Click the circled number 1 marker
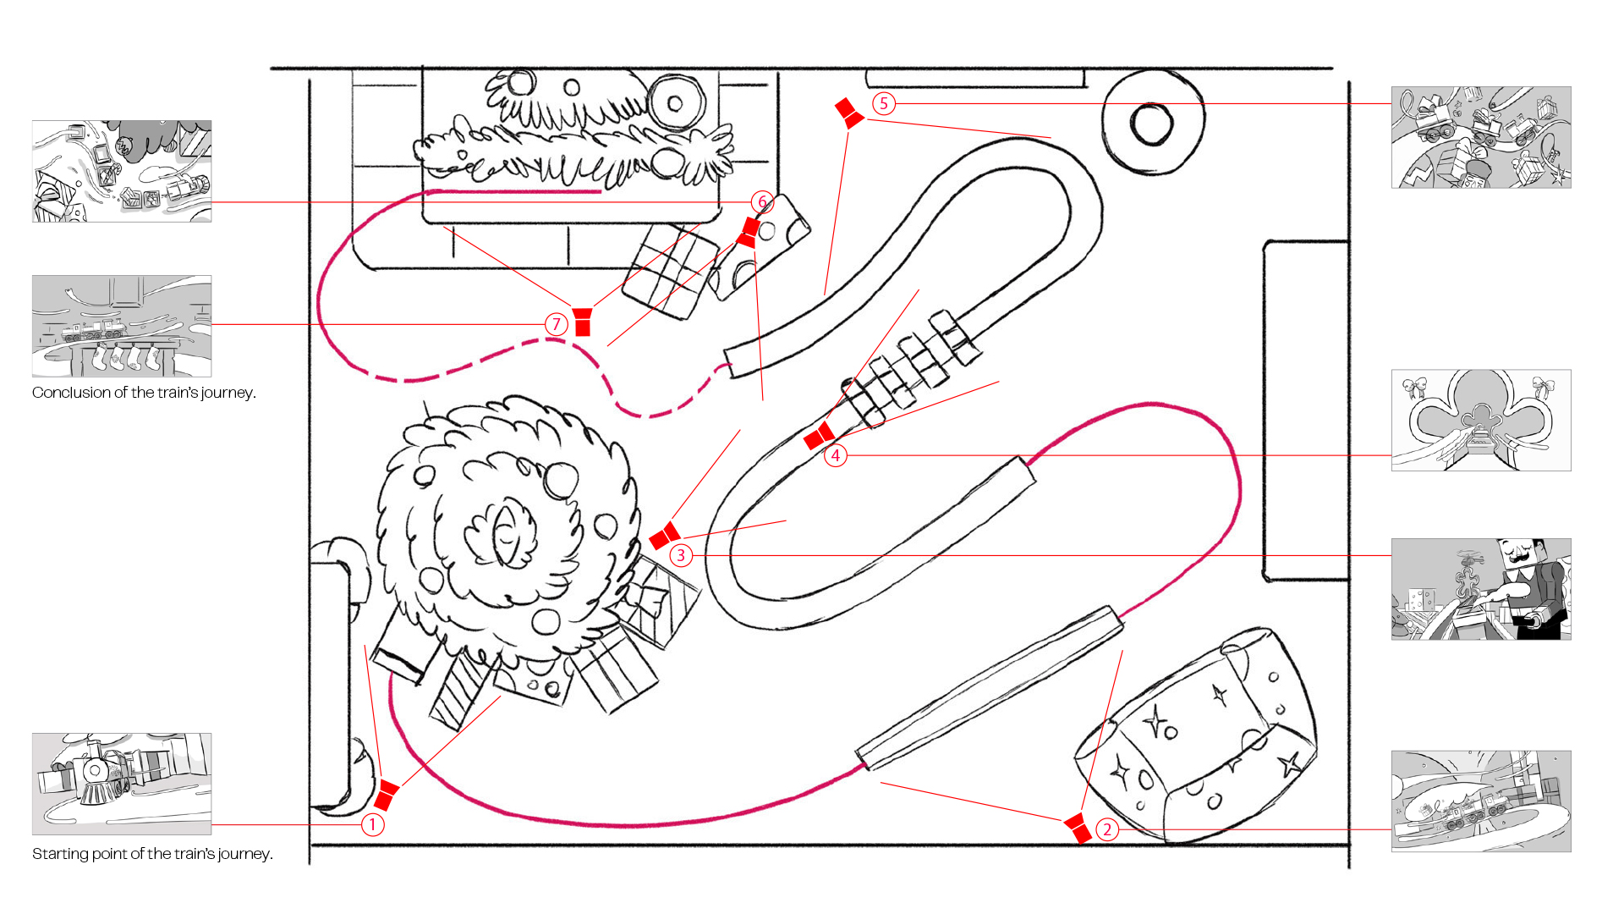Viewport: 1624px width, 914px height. point(373,824)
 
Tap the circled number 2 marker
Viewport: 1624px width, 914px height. point(1107,829)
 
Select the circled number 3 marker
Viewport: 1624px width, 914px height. point(681,555)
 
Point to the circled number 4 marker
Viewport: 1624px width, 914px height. point(836,455)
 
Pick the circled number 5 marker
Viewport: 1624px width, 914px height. point(884,103)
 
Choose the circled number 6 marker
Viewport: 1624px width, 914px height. point(762,201)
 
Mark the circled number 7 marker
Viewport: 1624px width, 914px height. point(556,323)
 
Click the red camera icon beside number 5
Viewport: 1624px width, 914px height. point(849,113)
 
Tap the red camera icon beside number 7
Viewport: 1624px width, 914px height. point(582,322)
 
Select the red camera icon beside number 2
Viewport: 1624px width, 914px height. point(1078,828)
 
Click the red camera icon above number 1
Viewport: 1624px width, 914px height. point(386,796)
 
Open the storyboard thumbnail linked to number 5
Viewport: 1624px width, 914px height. point(1481,137)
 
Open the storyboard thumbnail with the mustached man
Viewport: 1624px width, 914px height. point(1481,589)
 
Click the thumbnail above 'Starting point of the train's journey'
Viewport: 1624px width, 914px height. point(122,784)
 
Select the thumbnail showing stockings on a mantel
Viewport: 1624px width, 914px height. point(122,326)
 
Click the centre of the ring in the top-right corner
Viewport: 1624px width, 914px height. point(1151,124)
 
